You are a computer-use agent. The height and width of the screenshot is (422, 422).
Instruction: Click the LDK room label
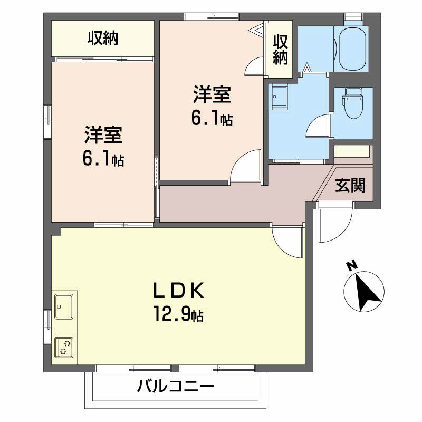click(178, 292)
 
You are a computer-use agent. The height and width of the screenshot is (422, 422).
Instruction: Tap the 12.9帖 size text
click(178, 315)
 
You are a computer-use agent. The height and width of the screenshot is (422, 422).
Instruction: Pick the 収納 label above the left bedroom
click(103, 39)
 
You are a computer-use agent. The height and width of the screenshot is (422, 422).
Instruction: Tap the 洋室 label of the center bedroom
click(212, 96)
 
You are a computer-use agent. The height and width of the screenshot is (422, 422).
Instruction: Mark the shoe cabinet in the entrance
click(352, 151)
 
